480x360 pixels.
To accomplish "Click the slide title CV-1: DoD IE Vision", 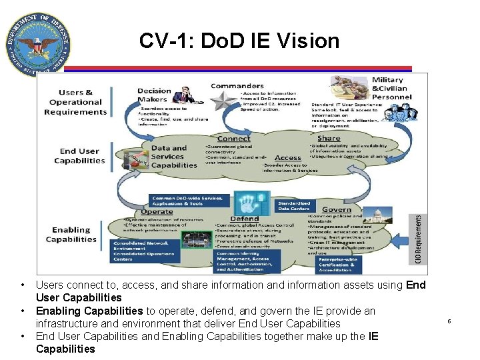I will click(239, 41).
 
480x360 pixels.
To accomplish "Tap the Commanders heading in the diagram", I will click(237, 85).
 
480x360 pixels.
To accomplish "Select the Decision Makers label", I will click(154, 95).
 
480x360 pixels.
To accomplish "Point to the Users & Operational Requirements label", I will click(75, 102).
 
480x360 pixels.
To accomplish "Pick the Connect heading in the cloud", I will click(233, 138).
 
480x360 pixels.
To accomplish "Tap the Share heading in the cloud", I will click(329, 138).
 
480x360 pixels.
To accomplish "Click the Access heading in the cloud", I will click(288, 158).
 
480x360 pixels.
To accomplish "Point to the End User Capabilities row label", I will click(79, 156).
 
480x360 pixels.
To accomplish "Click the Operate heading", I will click(157, 211).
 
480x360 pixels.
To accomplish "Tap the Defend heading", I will click(244, 219).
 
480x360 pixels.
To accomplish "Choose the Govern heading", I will click(336, 209).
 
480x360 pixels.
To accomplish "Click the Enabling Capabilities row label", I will click(71, 235).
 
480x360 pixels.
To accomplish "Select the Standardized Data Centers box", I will click(294, 205).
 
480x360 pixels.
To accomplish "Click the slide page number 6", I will click(449, 321).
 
